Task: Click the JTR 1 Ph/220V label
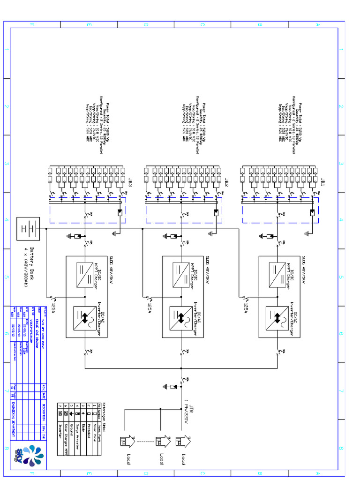click(188, 411)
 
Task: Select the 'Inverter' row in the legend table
click(60, 433)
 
